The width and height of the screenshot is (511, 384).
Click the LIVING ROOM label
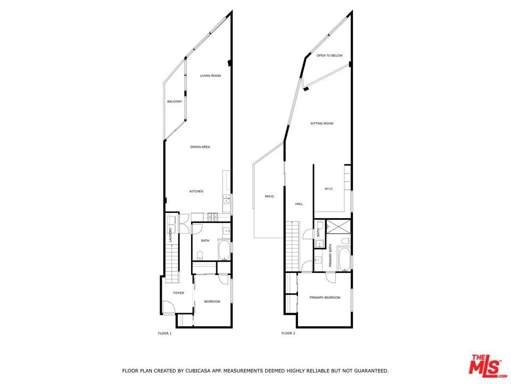tap(210, 76)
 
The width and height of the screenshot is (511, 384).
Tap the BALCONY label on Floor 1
tap(175, 101)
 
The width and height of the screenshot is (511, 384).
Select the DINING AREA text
tap(200, 147)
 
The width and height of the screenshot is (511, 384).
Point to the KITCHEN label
tap(196, 191)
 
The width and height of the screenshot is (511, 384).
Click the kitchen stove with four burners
tap(213, 216)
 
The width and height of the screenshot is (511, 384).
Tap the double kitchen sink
tap(226, 198)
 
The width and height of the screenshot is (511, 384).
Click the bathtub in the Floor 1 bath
tap(224, 250)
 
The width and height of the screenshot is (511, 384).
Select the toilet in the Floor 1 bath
tap(200, 255)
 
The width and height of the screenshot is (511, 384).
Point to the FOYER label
tap(179, 293)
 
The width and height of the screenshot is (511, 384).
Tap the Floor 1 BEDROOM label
tap(212, 302)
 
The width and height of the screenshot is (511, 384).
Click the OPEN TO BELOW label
tap(329, 56)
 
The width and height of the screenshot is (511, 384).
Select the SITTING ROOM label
tap(322, 124)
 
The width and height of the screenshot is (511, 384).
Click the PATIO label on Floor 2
tap(269, 197)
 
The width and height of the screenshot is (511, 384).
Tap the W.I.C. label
tap(329, 189)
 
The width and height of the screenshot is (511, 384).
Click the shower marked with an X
tap(339, 227)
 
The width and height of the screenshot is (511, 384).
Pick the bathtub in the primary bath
tap(344, 259)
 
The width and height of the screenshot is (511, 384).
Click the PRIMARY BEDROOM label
tap(325, 298)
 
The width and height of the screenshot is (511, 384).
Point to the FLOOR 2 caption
tap(289, 333)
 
